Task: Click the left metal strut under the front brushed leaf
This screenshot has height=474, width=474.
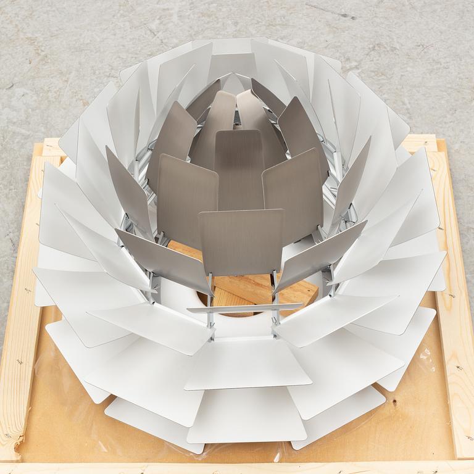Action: [x=210, y=290]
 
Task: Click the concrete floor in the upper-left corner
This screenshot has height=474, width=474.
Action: [x=37, y=37]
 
